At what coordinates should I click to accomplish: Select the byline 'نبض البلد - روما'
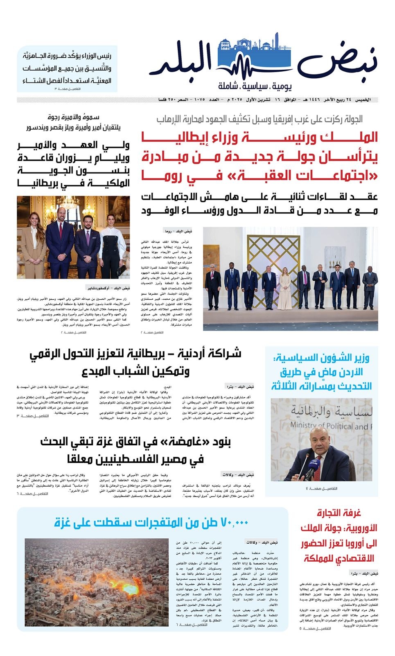pyautogui.click(x=178, y=231)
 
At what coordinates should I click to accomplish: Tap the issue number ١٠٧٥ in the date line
pyautogui.click(x=200, y=100)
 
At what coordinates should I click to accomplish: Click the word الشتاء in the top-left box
pyautogui.click(x=35, y=80)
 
